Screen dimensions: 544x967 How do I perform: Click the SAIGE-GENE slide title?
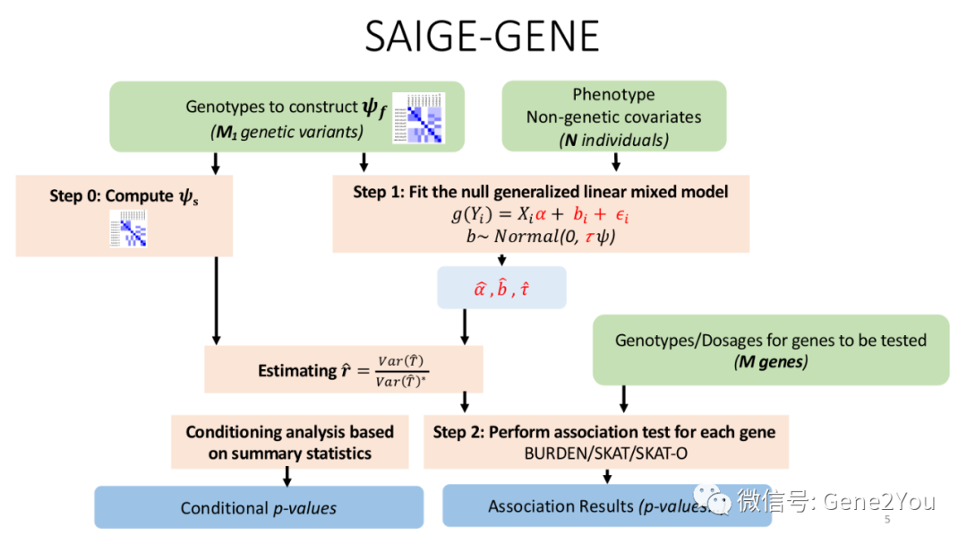coord(483,37)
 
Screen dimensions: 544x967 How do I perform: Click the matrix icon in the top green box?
coord(418,117)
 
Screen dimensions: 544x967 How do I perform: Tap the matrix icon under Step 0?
coord(128,228)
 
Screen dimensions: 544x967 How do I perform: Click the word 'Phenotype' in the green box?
coord(613,94)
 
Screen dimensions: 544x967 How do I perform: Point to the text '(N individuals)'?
coord(613,140)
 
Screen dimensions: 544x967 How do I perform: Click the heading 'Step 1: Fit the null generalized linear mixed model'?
coord(540,192)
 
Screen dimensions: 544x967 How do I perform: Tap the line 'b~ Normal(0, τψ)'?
coord(540,237)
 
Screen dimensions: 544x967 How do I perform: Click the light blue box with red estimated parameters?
coord(501,288)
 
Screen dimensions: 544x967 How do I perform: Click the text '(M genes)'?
coord(770,362)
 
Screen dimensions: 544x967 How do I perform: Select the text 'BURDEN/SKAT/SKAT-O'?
coord(605,453)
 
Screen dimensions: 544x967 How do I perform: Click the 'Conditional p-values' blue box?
coord(259,507)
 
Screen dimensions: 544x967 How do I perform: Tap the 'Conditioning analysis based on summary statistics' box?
coord(289,442)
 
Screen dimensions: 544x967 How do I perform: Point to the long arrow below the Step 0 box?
coord(216,301)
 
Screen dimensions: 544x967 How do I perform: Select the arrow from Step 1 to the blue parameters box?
coord(501,259)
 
